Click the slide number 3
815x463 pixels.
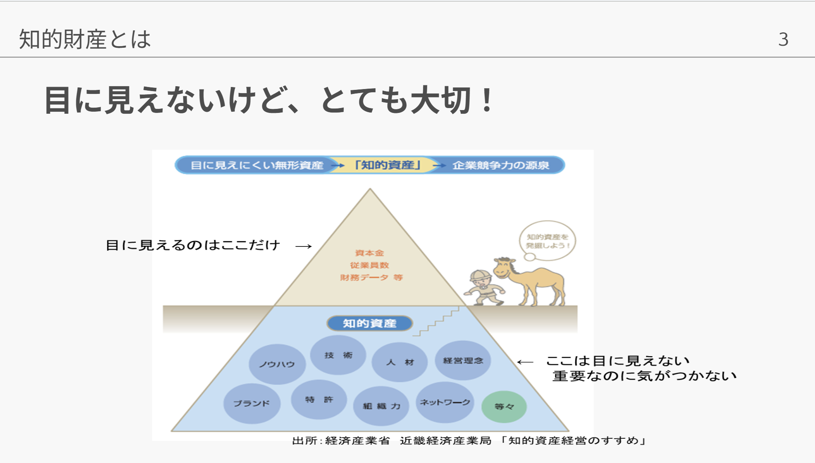tap(783, 40)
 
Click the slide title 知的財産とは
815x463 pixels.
tap(85, 40)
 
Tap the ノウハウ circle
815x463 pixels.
tap(277, 364)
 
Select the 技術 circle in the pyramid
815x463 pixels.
tap(338, 355)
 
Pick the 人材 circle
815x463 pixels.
tap(400, 362)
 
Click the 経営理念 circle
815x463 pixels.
tap(463, 360)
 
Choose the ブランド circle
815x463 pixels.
tap(251, 403)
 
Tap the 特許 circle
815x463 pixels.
tap(319, 399)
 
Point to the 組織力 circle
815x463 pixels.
tap(381, 406)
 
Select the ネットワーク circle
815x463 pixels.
tap(445, 402)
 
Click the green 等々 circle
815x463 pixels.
tap(504, 406)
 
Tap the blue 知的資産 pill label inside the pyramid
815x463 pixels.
tap(369, 323)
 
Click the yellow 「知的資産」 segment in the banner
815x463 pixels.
tap(387, 165)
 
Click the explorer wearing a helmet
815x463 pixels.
tap(483, 288)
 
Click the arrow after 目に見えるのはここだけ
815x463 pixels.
tap(304, 246)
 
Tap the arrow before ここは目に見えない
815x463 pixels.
tap(525, 362)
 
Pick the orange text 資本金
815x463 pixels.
tap(369, 253)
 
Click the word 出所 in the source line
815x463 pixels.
tap(305, 441)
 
